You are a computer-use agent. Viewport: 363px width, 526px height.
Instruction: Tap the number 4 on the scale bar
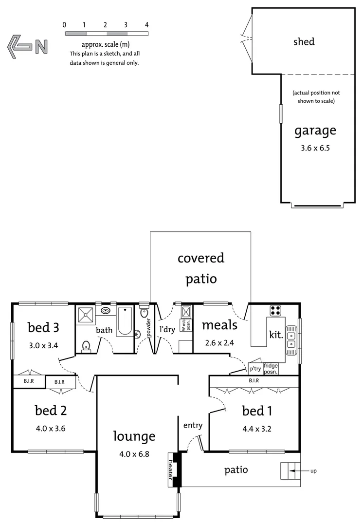[x=146, y=24]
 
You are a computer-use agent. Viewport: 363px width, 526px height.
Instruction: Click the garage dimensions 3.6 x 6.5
[x=315, y=149]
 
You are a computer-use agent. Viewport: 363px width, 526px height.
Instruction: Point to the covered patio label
[x=201, y=268]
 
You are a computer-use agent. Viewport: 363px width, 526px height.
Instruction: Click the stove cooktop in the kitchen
[x=276, y=310]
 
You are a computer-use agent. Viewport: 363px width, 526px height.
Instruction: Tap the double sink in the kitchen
[x=291, y=339]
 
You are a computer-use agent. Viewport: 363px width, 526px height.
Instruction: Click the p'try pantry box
[x=255, y=369]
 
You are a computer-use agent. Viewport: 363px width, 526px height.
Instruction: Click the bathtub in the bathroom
[x=125, y=321]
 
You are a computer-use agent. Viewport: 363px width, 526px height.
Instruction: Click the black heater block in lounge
[x=174, y=469]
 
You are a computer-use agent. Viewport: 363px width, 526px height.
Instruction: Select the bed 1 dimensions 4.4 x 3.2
[x=256, y=430]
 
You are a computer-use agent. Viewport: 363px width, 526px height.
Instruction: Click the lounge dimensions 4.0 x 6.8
[x=134, y=454]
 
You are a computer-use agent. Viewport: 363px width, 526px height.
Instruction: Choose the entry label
[x=193, y=425]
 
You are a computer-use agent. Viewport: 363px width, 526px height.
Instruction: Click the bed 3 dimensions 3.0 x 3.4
[x=43, y=347]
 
